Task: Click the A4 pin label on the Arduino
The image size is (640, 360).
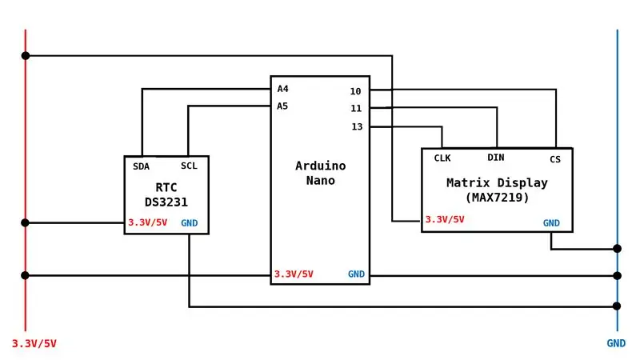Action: click(283, 89)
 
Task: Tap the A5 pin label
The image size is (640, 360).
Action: click(282, 106)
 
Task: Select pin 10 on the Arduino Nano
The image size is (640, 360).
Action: click(355, 91)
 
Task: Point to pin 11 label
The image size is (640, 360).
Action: click(356, 109)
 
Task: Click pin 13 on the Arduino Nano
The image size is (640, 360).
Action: click(357, 127)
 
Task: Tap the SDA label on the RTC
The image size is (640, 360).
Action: click(142, 166)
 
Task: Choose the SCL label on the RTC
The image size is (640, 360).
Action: click(189, 166)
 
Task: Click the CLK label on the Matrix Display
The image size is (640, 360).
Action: click(442, 158)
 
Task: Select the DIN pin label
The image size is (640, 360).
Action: click(496, 158)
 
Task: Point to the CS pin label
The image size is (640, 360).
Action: click(555, 159)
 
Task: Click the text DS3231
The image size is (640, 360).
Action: click(166, 202)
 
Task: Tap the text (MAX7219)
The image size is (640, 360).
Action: click(497, 198)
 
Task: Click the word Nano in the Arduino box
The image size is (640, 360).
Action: click(321, 181)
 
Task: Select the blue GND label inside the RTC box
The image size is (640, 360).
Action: click(190, 223)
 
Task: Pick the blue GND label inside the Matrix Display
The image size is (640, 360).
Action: click(551, 223)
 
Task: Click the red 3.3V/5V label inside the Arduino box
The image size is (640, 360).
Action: click(294, 274)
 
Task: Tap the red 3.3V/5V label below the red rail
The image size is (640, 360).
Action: click(34, 344)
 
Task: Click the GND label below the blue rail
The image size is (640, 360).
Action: click(616, 343)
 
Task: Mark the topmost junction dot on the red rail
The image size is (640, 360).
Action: click(26, 55)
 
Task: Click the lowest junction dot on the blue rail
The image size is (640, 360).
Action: click(617, 306)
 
